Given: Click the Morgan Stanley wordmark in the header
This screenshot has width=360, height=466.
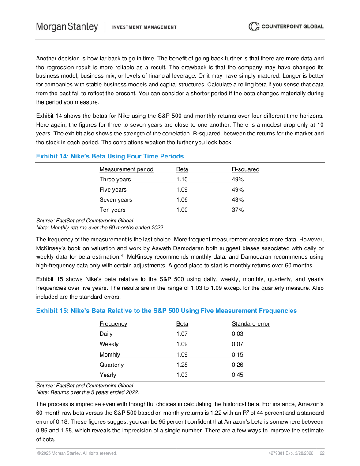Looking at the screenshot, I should click(x=67, y=27).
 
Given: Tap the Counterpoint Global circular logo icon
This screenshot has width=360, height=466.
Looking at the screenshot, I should click(x=254, y=26).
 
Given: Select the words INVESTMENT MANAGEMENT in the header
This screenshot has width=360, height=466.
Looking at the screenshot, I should click(x=144, y=27).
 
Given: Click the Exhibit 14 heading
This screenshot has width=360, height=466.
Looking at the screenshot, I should click(x=110, y=156).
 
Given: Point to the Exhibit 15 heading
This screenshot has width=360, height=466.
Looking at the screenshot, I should click(x=166, y=311).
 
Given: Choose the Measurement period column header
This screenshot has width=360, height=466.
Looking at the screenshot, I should click(x=127, y=169).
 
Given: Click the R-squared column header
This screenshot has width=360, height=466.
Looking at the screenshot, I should click(x=245, y=169).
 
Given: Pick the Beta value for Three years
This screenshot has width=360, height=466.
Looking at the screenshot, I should click(x=182, y=180).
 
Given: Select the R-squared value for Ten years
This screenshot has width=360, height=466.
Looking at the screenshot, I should click(x=238, y=210).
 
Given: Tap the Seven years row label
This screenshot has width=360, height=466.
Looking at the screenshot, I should click(x=116, y=200).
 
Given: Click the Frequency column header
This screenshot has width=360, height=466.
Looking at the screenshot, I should click(x=113, y=324).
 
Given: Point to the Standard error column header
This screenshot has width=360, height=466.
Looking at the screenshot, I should click(x=251, y=324).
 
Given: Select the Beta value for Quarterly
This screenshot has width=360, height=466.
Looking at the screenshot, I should click(x=182, y=365).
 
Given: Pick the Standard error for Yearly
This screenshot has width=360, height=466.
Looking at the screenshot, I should click(x=237, y=375).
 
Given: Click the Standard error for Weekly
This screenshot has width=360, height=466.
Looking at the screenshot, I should click(x=237, y=344).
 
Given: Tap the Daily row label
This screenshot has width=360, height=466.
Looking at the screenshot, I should click(x=106, y=334).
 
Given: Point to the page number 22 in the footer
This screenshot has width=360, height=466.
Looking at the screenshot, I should click(x=322, y=453).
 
